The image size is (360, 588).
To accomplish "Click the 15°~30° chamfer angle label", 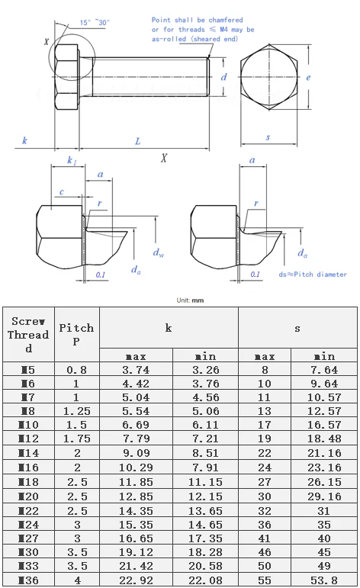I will click(x=95, y=22).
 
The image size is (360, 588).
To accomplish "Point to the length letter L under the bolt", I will click(x=137, y=141).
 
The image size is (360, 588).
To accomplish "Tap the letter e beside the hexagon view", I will click(x=307, y=78).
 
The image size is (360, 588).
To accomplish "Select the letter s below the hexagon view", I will click(x=268, y=137).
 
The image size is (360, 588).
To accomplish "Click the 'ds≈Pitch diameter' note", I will click(x=313, y=275).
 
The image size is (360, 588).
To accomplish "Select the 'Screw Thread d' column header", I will click(x=28, y=334).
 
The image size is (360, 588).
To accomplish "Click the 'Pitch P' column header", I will click(x=76, y=334).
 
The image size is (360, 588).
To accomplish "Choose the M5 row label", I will click(x=28, y=370).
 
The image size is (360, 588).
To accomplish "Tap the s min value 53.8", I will click(x=324, y=580).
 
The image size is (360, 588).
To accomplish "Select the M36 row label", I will click(x=28, y=580).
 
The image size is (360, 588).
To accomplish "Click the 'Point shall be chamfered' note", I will click(x=198, y=20).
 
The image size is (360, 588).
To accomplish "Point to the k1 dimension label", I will click(x=71, y=160).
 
